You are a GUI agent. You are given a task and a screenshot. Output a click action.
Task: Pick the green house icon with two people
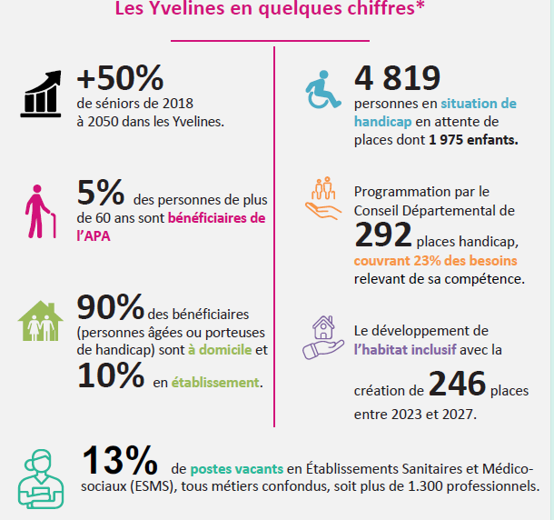(x=40, y=322)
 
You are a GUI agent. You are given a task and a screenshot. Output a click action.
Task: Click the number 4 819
(x=397, y=78)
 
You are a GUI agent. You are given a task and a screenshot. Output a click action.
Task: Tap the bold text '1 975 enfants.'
(x=473, y=140)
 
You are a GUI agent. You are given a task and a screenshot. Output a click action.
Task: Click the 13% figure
(x=118, y=461)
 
